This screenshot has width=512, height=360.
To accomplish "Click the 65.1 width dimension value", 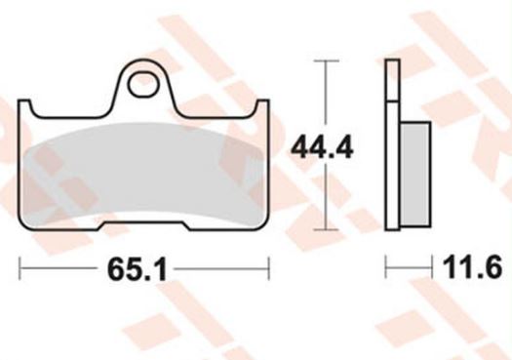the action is click(x=138, y=270).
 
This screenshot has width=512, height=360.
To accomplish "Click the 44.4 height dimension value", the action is click(x=322, y=148).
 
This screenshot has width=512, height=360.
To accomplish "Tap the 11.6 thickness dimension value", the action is click(x=472, y=267).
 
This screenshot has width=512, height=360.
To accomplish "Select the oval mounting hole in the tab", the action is click(x=142, y=85).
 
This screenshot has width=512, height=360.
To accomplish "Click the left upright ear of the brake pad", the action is click(x=25, y=106).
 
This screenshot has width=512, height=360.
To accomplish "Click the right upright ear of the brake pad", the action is click(x=262, y=106).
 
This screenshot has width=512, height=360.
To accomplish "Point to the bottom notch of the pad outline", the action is click(x=144, y=224).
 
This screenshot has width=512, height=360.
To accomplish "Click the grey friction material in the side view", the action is click(x=415, y=175).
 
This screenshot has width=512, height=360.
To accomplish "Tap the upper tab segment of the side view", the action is click(x=392, y=80).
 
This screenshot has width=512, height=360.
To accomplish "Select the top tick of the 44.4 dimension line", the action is click(x=326, y=60).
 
